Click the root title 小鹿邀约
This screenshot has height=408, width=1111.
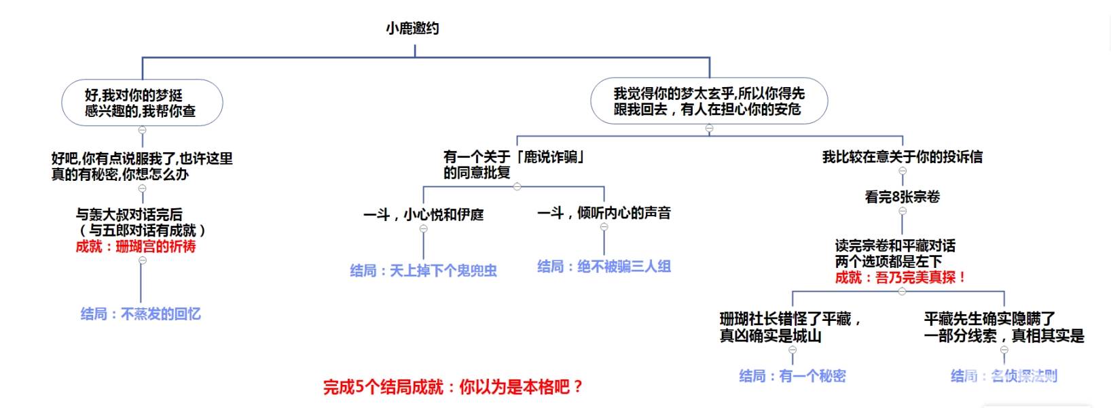pos(412,29)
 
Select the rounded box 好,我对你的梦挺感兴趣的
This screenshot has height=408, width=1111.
pos(142,103)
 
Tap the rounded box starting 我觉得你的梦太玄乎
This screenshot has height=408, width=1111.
pos(709,101)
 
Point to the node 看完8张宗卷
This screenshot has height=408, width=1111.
pos(902,197)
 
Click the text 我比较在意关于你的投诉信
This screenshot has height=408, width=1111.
pos(902,157)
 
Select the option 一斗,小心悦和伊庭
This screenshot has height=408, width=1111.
pos(423,215)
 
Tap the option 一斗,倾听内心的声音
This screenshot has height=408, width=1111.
pos(604,213)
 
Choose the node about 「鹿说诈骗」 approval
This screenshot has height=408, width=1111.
pos(514,165)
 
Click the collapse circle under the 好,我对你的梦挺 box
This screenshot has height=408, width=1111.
pos(142,130)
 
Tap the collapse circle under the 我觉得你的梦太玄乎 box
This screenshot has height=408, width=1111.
pos(709,129)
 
